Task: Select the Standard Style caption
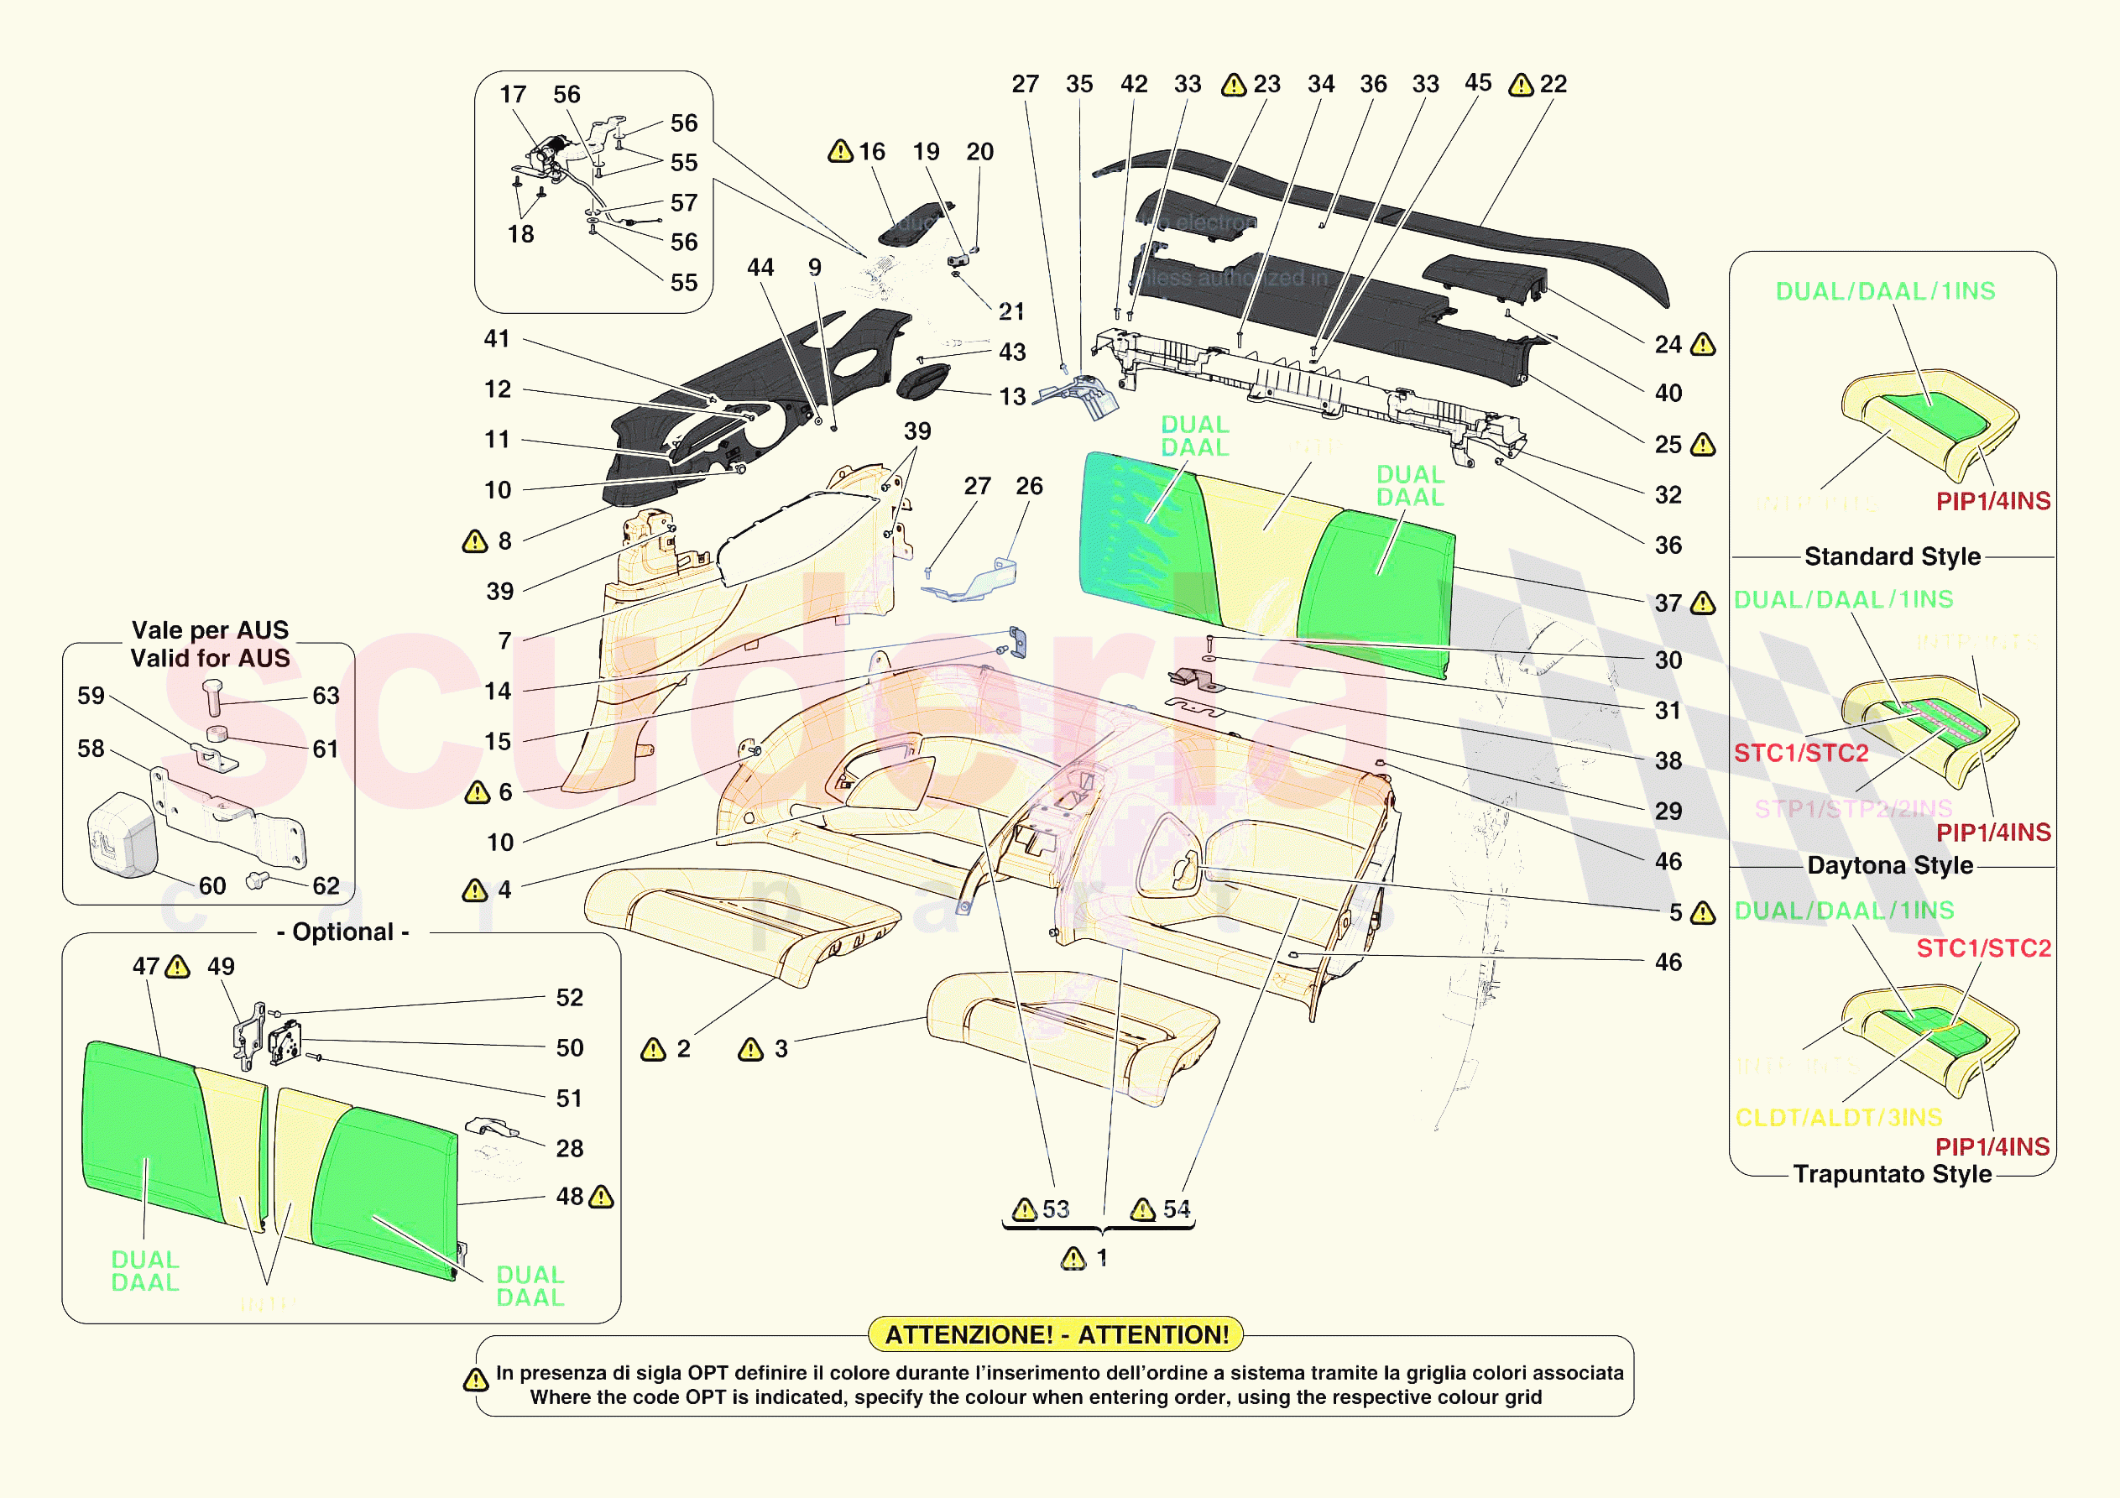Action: click(1892, 556)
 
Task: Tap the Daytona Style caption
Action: click(1890, 865)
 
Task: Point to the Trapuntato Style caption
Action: click(1892, 1174)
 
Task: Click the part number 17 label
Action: click(513, 94)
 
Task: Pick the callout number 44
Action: click(760, 267)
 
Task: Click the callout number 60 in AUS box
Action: click(212, 885)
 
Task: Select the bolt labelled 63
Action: click(212, 697)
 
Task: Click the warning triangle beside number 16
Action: click(840, 150)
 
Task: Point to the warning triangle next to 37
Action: click(1703, 603)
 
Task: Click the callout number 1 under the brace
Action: click(1102, 1257)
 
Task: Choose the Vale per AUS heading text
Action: click(211, 630)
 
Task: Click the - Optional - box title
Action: click(342, 932)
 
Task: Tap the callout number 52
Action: click(570, 998)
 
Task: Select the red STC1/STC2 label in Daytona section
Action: click(1800, 753)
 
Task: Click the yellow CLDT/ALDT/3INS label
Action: click(1838, 1118)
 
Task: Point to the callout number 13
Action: click(1013, 396)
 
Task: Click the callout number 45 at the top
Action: click(1477, 82)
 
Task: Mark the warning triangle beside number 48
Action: click(601, 1197)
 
